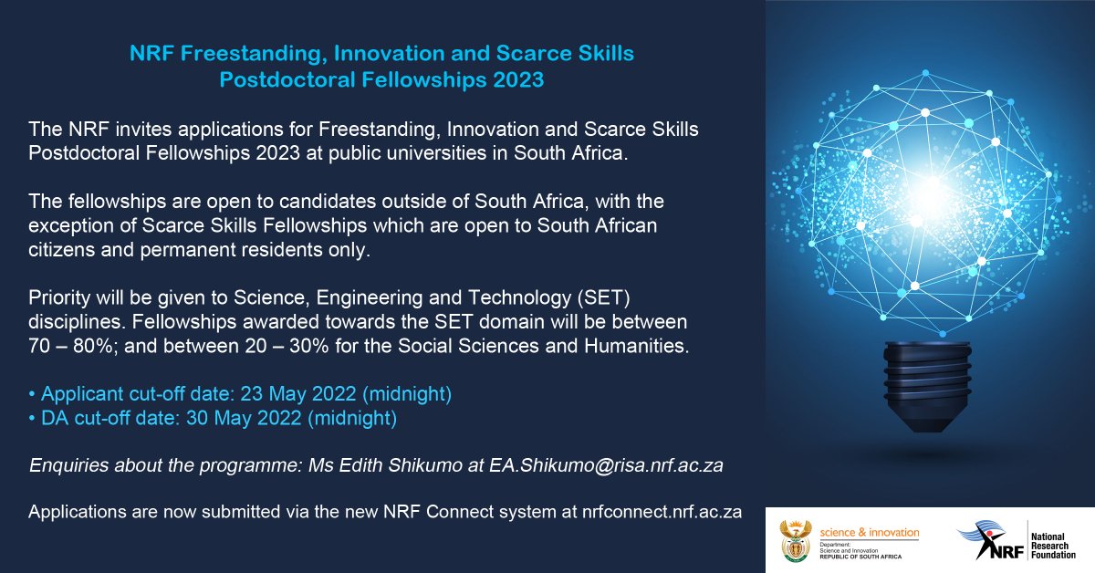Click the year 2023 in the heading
coord(516,80)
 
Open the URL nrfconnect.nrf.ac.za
coord(662,512)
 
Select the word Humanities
coord(643,347)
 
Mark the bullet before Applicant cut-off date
coord(33,395)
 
